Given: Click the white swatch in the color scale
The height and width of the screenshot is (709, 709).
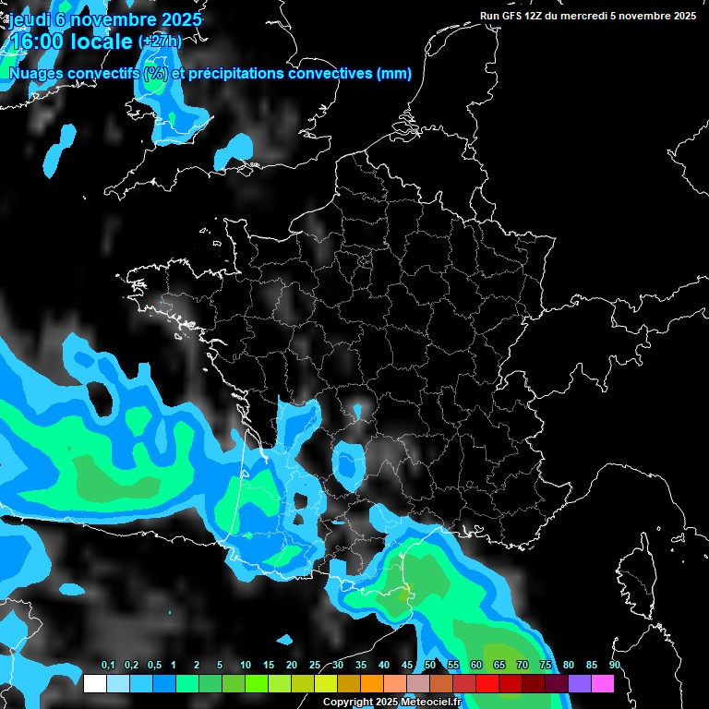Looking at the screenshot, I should [x=94, y=684].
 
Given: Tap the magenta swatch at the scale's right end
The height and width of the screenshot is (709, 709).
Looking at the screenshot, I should [x=603, y=684].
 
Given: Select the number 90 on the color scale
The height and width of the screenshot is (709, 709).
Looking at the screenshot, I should [x=614, y=666].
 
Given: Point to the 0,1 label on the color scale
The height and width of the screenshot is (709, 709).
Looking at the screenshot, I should [x=108, y=666].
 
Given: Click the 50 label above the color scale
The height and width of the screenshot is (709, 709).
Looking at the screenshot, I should [x=430, y=666].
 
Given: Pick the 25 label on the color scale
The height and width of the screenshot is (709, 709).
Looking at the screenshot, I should [x=315, y=666].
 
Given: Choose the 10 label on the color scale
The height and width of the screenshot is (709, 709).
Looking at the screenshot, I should [x=246, y=666].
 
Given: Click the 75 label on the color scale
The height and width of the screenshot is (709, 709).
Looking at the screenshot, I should [x=545, y=666].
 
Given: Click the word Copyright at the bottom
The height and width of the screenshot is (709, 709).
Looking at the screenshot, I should [x=347, y=703].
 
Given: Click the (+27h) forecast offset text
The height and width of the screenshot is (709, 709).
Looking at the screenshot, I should [x=160, y=42].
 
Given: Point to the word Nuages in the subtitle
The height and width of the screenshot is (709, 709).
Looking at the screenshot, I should [x=34, y=74].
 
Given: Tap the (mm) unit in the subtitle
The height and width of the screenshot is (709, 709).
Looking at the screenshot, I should [x=394, y=74].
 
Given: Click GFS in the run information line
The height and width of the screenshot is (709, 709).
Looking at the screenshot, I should [x=511, y=16].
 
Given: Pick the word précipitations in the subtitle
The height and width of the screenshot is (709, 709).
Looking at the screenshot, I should [x=235, y=74].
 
